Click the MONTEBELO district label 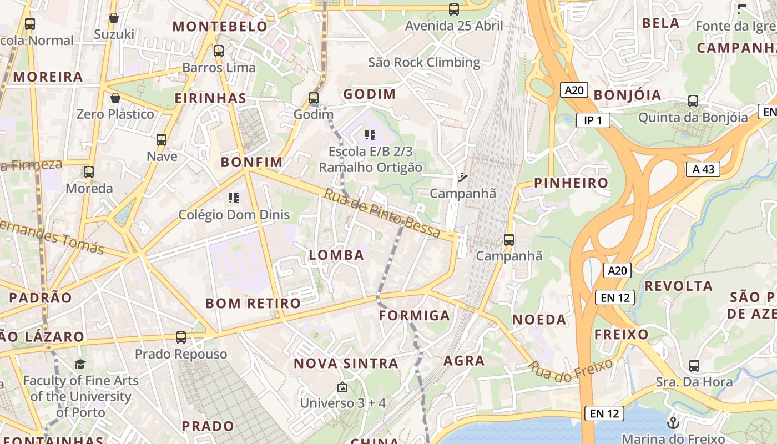tap(220, 26)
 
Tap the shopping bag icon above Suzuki tap(114, 18)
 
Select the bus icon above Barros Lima tap(219, 51)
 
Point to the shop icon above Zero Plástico tap(115, 98)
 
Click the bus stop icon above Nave tap(162, 140)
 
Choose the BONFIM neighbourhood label tap(251, 162)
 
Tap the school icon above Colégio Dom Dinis tap(234, 198)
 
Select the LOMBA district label tap(336, 255)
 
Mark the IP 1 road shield tap(593, 120)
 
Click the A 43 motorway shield tap(703, 169)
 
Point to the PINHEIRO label tap(571, 183)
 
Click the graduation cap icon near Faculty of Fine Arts tap(80, 364)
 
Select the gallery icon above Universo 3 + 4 tap(342, 387)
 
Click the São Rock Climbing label tap(424, 62)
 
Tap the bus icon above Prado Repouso tap(181, 337)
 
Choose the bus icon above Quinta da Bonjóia tap(693, 101)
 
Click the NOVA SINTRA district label tap(346, 364)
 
